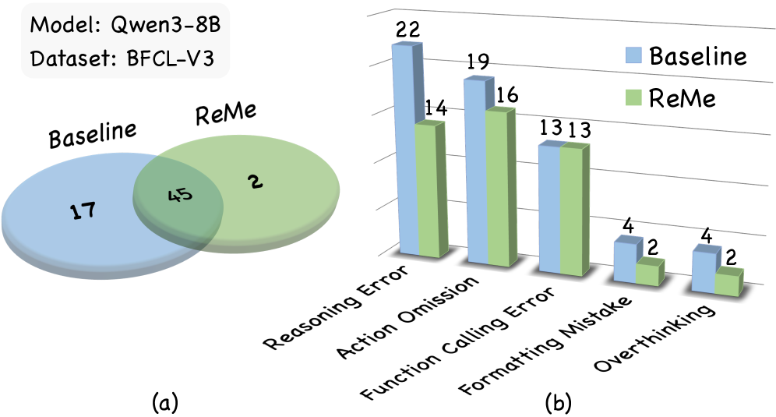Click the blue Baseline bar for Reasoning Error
[406, 149]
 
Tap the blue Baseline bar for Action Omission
[476, 171]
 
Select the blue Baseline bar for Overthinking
[703, 270]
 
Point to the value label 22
[407, 29]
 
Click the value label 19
[477, 62]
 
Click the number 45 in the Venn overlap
[180, 195]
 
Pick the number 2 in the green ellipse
[256, 182]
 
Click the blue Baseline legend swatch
[633, 55]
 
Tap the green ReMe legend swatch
[633, 97]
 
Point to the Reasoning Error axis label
[337, 307]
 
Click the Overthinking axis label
[654, 337]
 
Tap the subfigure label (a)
[165, 403]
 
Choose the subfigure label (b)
[559, 403]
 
